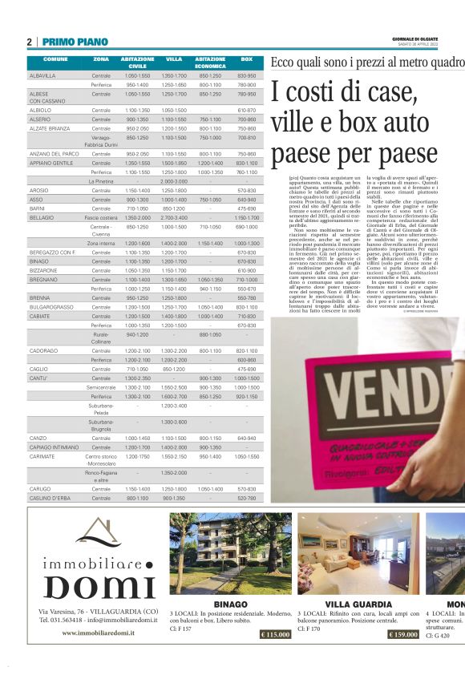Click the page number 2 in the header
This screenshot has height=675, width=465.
click(29, 42)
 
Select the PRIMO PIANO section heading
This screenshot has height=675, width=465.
click(75, 42)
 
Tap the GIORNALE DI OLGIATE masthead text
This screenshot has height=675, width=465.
click(438, 38)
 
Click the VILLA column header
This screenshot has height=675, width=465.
click(174, 60)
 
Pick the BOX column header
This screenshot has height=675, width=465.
click(246, 60)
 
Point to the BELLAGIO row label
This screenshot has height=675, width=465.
click(42, 217)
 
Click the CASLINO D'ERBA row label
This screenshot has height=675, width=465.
click(48, 498)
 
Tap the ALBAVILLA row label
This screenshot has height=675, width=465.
click(42, 75)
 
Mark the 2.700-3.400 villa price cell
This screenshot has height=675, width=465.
click(174, 217)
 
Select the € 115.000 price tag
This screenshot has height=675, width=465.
click(275, 634)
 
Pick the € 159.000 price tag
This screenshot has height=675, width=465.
click(403, 634)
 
